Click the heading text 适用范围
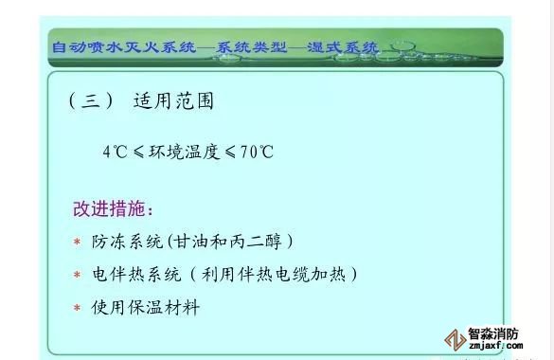[173, 101]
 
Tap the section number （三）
[92, 101]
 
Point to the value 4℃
[115, 152]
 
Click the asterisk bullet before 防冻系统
[77, 242]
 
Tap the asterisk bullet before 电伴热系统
[77, 275]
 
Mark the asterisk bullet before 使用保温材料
[77, 307]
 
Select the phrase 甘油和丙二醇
[228, 242]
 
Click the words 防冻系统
[127, 242]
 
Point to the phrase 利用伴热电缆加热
[273, 275]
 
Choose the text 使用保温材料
[146, 307]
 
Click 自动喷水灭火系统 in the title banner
[124, 47]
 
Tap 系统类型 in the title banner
[251, 47]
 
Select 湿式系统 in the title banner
[343, 47]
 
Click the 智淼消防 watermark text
[493, 333]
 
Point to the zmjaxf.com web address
[496, 346]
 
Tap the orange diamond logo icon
[455, 340]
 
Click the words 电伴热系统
[136, 275]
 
